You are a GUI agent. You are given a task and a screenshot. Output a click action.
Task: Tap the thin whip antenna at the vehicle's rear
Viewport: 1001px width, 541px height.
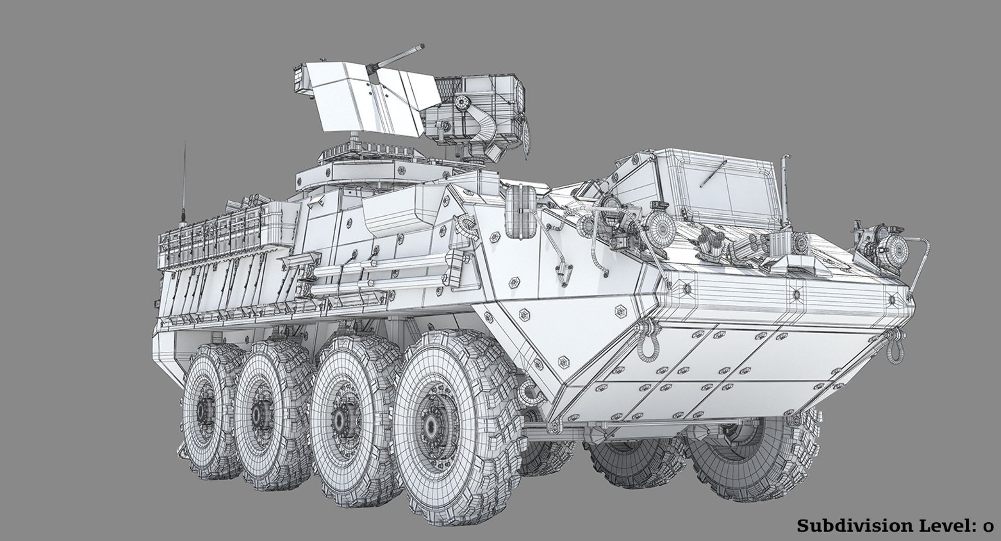(184, 177)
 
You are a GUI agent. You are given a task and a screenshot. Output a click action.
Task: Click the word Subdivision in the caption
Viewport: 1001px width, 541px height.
(849, 526)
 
